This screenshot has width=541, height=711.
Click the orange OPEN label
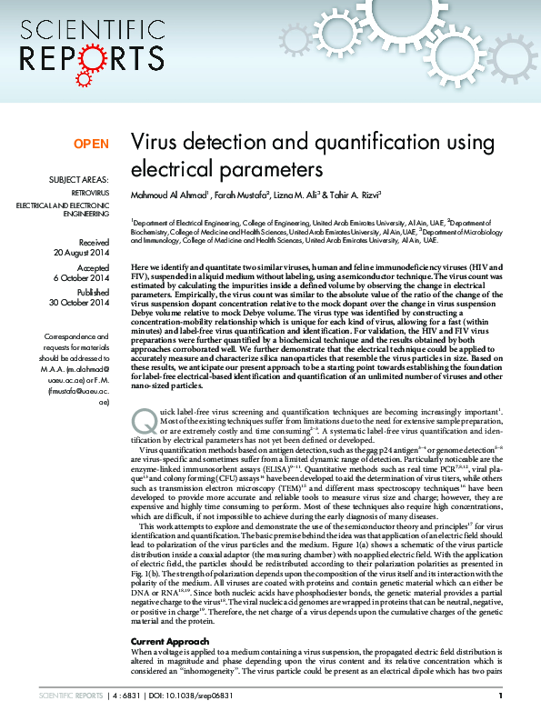(91, 144)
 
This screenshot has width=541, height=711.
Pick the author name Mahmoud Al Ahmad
(170, 194)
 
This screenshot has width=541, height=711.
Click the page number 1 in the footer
(514, 696)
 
